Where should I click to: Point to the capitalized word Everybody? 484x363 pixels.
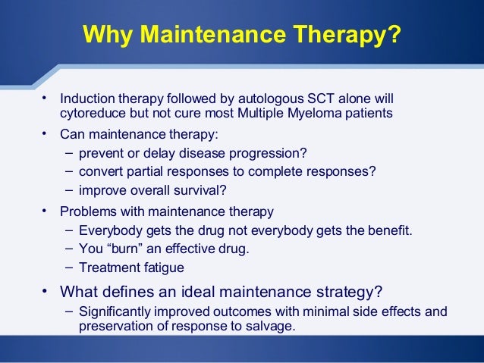pos(106,230)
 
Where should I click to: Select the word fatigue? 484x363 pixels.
pos(162,267)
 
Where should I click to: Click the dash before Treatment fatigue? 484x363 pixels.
pos(69,266)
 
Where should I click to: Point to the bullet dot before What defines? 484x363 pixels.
pos(46,290)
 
